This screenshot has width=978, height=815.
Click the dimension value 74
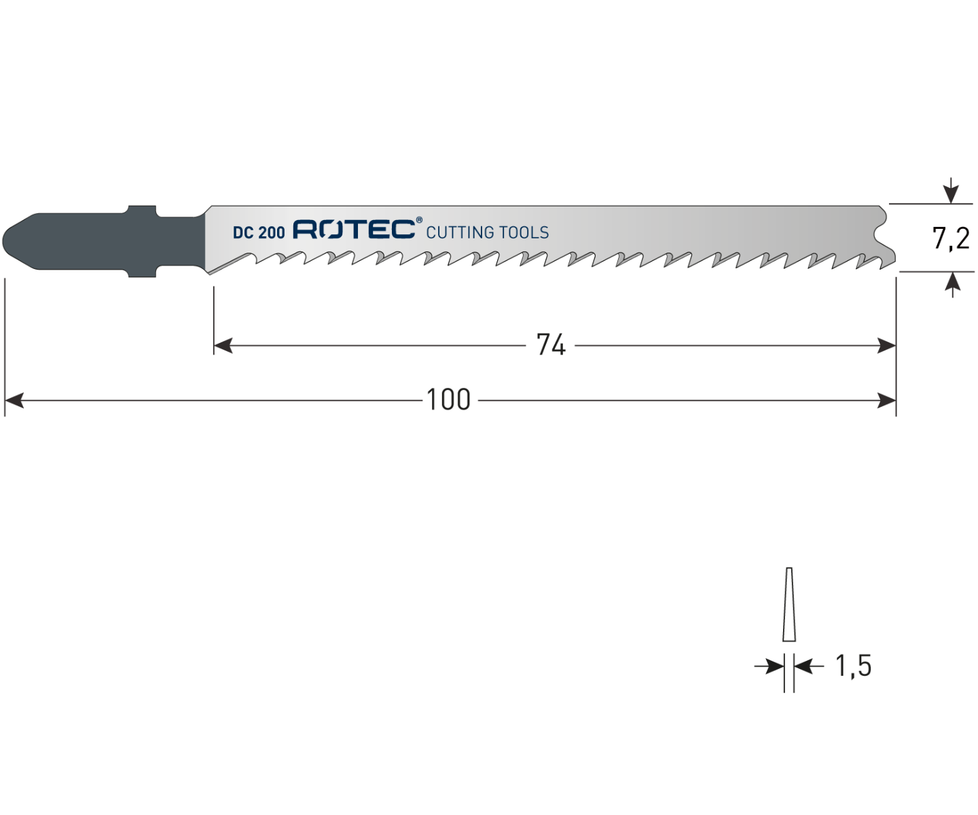tap(551, 345)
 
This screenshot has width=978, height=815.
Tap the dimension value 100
tap(448, 399)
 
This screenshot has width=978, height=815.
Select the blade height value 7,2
tap(950, 238)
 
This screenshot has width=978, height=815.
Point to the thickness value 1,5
tap(853, 666)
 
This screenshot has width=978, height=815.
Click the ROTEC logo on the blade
tap(354, 230)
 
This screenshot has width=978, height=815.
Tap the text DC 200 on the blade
tap(259, 233)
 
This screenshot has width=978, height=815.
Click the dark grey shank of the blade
tap(104, 241)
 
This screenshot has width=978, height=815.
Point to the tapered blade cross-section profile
tap(789, 604)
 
